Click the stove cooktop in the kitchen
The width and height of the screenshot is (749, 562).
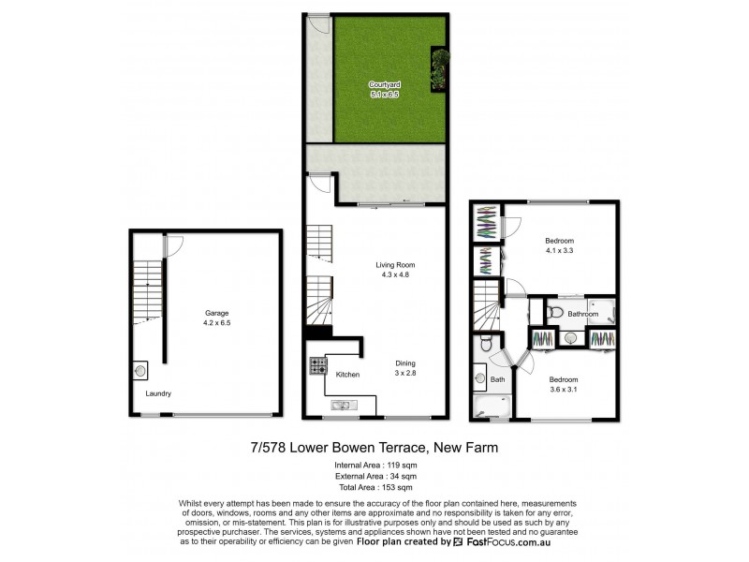(x=317, y=365)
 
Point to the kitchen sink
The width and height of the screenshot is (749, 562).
(x=341, y=405)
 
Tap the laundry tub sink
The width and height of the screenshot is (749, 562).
(x=141, y=371)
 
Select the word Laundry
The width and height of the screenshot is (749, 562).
(x=158, y=393)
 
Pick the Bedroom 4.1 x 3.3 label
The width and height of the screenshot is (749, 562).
(x=560, y=245)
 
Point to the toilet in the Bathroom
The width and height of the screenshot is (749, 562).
(x=553, y=312)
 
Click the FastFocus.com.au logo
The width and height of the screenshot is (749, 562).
(x=500, y=541)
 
